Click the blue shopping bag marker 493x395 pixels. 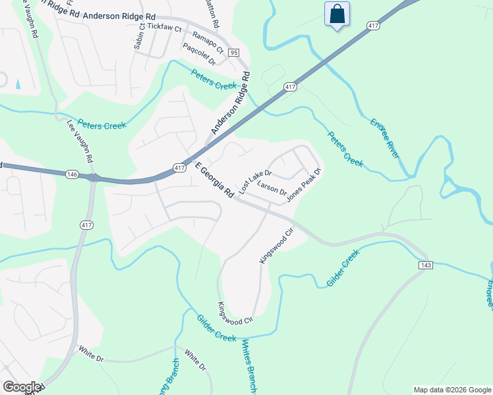pyautogui.click(x=337, y=14)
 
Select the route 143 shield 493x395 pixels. pyautogui.click(x=424, y=264)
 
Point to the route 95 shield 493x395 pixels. pyautogui.click(x=233, y=52)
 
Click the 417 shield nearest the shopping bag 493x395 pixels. pyautogui.click(x=374, y=26)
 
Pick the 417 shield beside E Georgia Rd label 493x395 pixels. pyautogui.click(x=179, y=169)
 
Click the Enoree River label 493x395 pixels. pyautogui.click(x=385, y=138)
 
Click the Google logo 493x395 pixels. pyautogui.click(x=21, y=387)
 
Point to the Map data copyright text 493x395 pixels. pyautogui.click(x=452, y=390)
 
